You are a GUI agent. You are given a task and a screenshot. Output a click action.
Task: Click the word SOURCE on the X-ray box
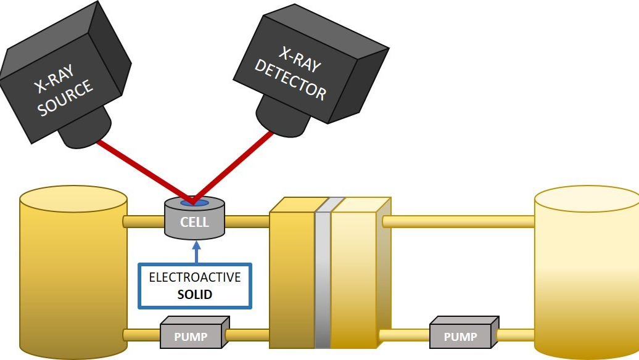pyautogui.click(x=67, y=98)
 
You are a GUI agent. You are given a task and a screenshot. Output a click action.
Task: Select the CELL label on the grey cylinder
pyautogui.click(x=194, y=221)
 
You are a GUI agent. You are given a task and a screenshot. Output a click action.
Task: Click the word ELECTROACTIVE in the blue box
pyautogui.click(x=195, y=278)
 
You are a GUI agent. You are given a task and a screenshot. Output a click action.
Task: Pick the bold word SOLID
pyautogui.click(x=195, y=295)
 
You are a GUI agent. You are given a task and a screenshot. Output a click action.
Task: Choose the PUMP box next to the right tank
pyautogui.click(x=461, y=337)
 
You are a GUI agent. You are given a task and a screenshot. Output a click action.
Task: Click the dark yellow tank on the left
pyautogui.click(x=73, y=271)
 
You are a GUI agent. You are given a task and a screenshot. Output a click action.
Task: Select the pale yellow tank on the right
pyautogui.click(x=586, y=271)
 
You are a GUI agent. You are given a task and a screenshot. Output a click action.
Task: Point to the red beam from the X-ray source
pyautogui.click(x=142, y=171)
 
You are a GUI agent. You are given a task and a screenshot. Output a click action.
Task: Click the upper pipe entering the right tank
pyautogui.click(x=460, y=221)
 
